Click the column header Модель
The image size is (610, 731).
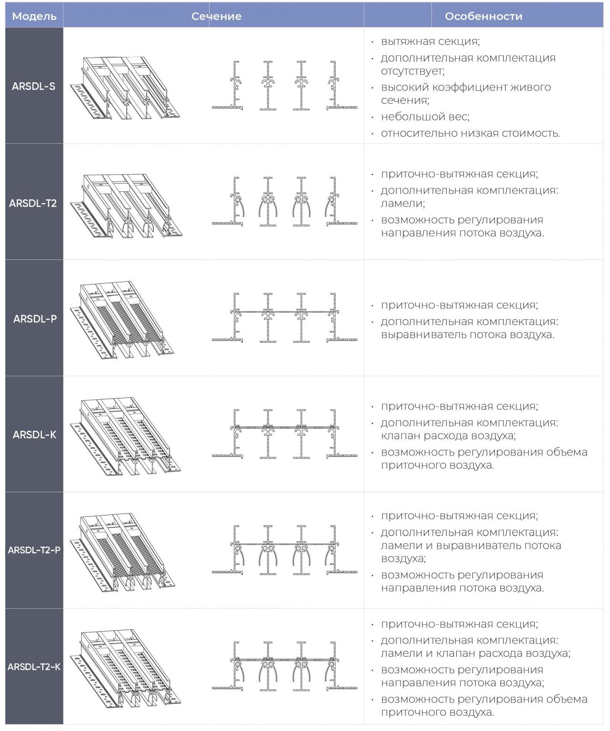pos(34,17)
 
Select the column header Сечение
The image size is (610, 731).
pos(216,17)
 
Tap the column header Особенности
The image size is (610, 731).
pos(483,17)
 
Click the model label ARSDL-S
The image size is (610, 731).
pos(34,86)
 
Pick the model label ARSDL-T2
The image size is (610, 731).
pos(33,203)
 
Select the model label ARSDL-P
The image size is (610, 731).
pos(35,318)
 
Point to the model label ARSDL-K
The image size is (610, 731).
pos(34,435)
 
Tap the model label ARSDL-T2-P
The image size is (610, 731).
pos(34,550)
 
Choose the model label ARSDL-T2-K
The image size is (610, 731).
pos(34,667)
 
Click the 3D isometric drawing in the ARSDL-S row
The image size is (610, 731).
pos(125,88)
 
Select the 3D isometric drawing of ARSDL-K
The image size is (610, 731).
pos(126,436)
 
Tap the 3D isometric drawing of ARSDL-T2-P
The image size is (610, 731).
pos(123,553)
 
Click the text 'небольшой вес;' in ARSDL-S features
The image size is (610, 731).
pos(425,117)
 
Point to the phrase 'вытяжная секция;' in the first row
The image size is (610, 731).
pos(430,41)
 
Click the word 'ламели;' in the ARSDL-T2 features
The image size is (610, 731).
pos(403,203)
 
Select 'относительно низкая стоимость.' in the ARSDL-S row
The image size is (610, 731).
pos(470,133)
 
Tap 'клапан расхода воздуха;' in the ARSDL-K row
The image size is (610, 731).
pos(448,435)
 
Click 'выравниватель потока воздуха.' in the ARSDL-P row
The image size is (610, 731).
pos(468,335)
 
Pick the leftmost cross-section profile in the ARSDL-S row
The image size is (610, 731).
pos(228,85)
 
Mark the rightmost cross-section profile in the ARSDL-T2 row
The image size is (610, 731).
pos(340,201)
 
